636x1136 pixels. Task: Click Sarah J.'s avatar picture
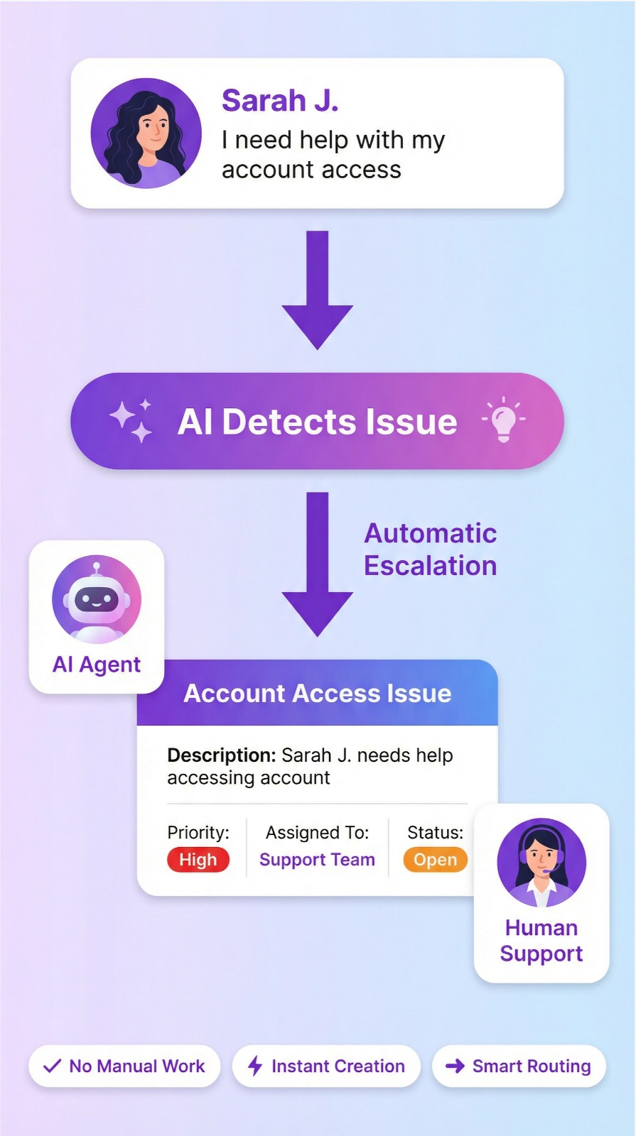(x=146, y=133)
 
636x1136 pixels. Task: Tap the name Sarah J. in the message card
(x=280, y=101)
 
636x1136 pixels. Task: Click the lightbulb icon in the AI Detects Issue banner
(x=503, y=420)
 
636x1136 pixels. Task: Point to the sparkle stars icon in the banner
(x=131, y=420)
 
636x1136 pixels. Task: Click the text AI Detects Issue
(x=317, y=422)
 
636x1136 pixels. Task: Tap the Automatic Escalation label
(x=430, y=550)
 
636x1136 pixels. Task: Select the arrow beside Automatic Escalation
(x=318, y=564)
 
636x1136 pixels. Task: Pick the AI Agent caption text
(x=97, y=665)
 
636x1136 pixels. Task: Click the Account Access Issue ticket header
(x=318, y=694)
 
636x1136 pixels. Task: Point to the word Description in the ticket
(x=221, y=755)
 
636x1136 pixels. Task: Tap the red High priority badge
(x=198, y=860)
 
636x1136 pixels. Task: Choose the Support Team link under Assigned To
(x=317, y=860)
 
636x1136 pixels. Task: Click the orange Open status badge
(x=435, y=860)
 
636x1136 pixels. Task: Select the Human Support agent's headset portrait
(x=541, y=863)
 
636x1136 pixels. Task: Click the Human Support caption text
(x=541, y=941)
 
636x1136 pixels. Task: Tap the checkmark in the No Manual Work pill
(x=53, y=1066)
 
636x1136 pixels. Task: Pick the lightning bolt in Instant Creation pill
(x=255, y=1066)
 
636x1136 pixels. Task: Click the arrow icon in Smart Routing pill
(x=455, y=1066)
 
